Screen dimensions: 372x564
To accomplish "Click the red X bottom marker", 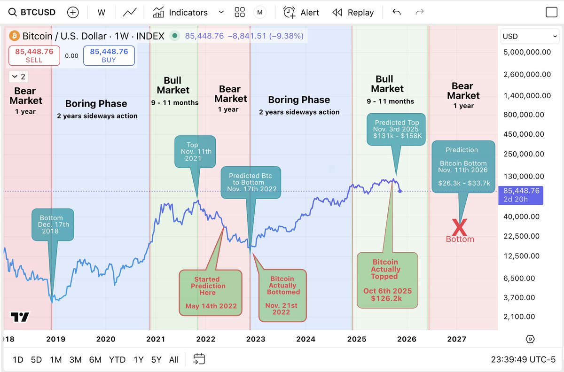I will (x=459, y=227).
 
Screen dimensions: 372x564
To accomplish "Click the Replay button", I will (x=353, y=13).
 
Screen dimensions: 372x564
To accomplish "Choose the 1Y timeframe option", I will (x=138, y=360).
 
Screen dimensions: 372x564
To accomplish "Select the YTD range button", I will (x=117, y=360).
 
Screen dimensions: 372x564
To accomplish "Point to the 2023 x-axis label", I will (x=255, y=339).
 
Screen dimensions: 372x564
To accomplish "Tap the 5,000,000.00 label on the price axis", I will (x=527, y=52).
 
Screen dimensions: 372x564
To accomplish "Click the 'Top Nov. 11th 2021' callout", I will (x=195, y=152).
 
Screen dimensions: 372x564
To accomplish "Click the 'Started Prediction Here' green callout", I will (x=211, y=292).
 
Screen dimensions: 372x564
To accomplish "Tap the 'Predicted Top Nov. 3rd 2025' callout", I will (x=397, y=129).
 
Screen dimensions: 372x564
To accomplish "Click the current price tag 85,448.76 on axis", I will (x=520, y=195).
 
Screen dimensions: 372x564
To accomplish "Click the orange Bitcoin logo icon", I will (x=14, y=36).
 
